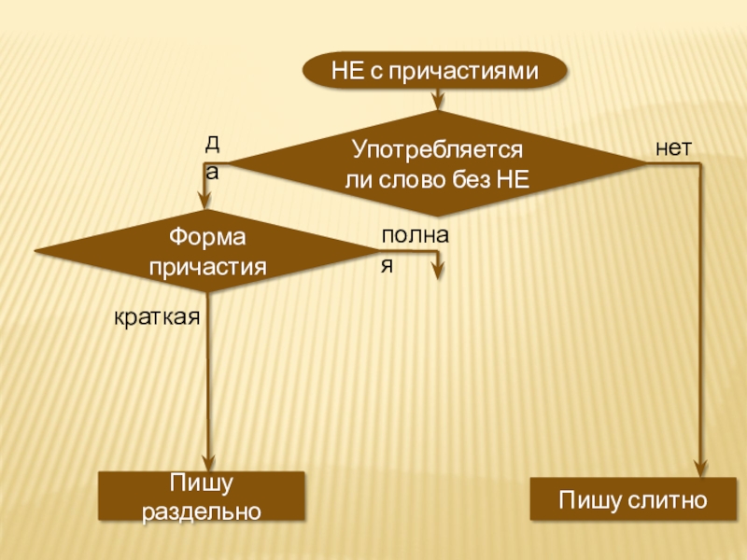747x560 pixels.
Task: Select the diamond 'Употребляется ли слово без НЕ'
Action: pyautogui.click(x=436, y=164)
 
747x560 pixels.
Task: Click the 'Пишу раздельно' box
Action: pyautogui.click(x=202, y=496)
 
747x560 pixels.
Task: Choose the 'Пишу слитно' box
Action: pyautogui.click(x=632, y=499)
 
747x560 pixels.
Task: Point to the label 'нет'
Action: pyautogui.click(x=673, y=147)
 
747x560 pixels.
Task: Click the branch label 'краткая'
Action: pyautogui.click(x=158, y=317)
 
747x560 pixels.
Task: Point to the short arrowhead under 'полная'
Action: pyautogui.click(x=437, y=272)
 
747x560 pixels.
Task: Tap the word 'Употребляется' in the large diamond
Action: pyautogui.click(x=436, y=148)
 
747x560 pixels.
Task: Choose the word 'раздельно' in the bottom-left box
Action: pyautogui.click(x=202, y=511)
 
